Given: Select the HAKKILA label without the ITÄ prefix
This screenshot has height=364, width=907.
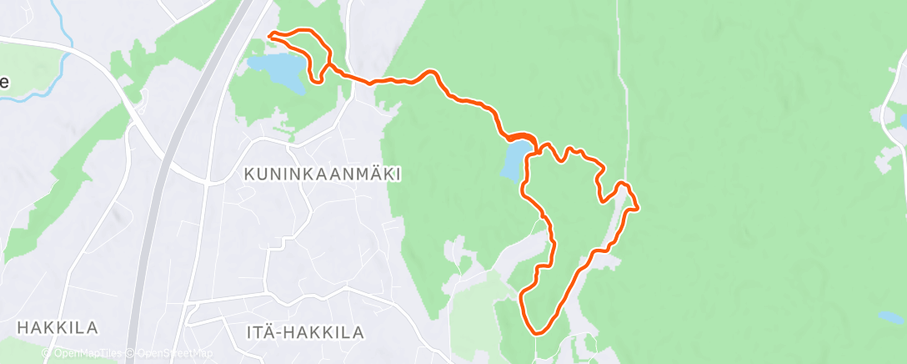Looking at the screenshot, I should click(58, 326).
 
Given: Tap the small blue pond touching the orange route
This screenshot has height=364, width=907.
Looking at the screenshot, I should click(513, 159).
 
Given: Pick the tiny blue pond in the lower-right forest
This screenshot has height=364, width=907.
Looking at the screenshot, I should click(887, 316).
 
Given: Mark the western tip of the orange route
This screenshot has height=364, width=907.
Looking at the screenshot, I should click(269, 34).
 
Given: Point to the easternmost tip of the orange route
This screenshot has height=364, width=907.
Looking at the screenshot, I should click(638, 207).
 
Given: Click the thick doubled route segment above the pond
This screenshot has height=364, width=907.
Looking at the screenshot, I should click(517, 138).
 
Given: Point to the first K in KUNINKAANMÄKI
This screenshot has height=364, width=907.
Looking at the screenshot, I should click(248, 174).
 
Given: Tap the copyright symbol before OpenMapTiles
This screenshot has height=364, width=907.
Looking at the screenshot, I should click(47, 354).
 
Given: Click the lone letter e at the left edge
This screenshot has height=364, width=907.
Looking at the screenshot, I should click(5, 82).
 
